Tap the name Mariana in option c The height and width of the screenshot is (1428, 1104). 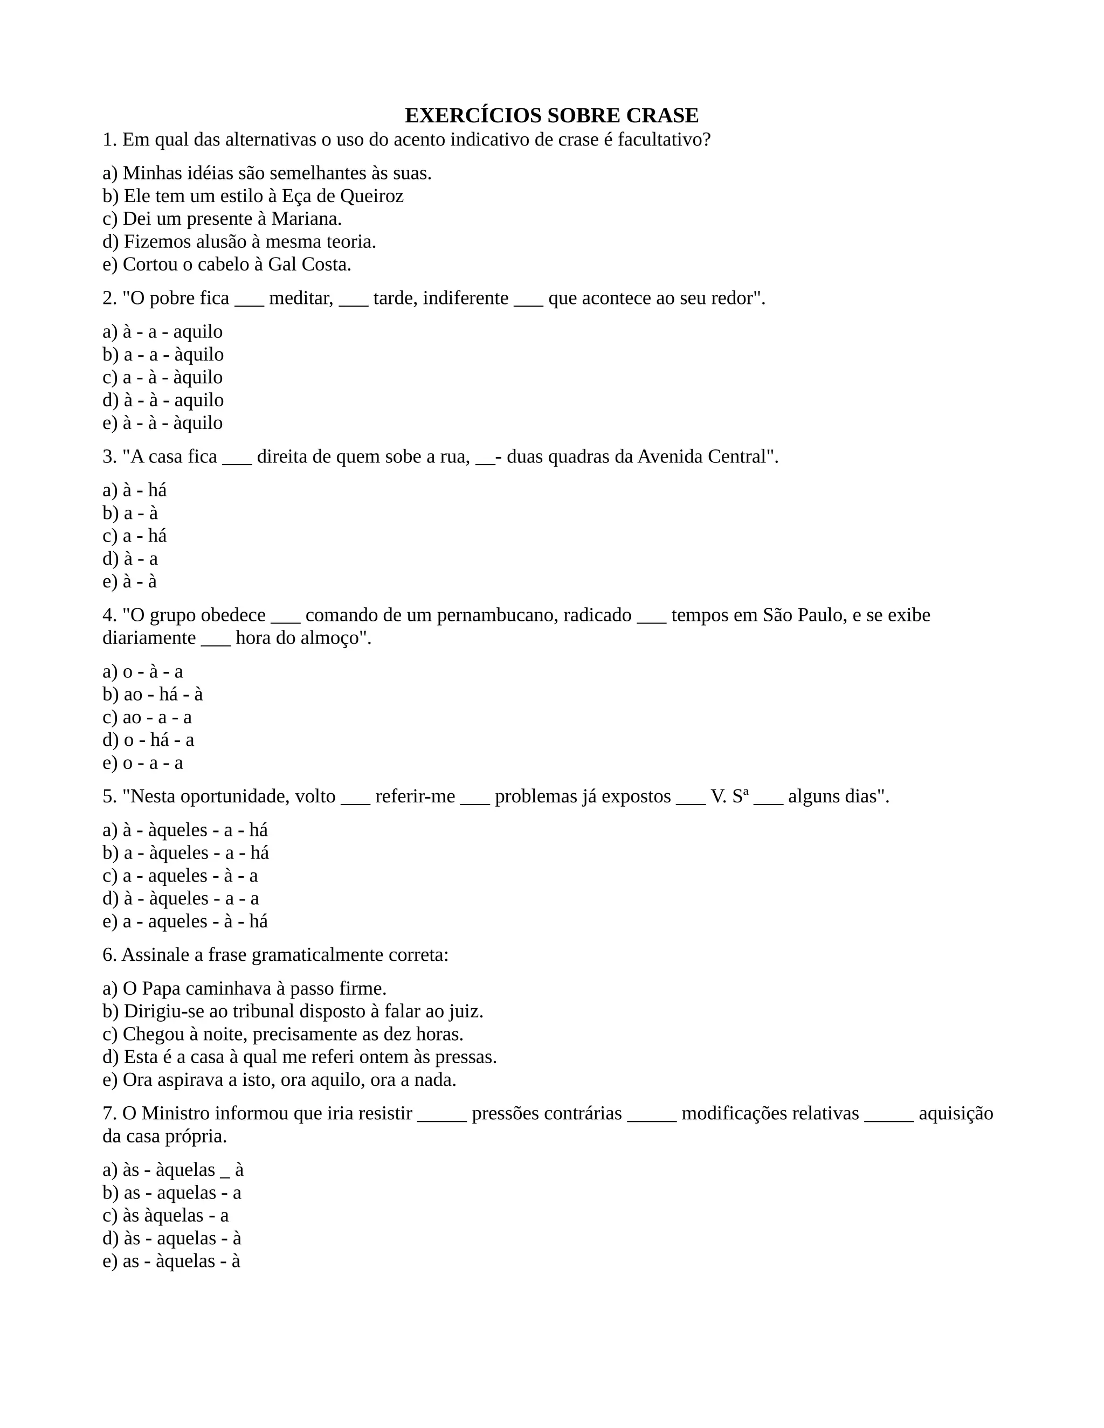point(306,219)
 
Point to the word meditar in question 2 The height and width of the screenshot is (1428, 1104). point(301,299)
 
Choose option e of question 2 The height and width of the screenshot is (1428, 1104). point(162,423)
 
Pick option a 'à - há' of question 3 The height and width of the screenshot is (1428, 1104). point(135,490)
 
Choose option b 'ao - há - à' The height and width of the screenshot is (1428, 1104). point(153,695)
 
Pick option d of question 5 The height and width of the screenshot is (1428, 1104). point(181,898)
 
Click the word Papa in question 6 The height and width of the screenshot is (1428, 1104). point(161,989)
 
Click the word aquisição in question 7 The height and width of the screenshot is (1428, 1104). point(956,1113)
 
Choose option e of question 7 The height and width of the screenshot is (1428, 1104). point(171,1261)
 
